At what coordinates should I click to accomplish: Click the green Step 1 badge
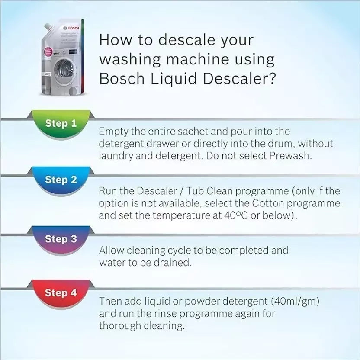pos(61,123)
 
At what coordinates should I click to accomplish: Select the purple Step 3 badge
pos(61,238)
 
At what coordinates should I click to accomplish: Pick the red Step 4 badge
pos(61,293)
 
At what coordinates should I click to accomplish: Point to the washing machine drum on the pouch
pos(64,69)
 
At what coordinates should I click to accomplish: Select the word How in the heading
pos(114,40)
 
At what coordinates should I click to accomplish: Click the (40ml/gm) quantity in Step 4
pos(295,301)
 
